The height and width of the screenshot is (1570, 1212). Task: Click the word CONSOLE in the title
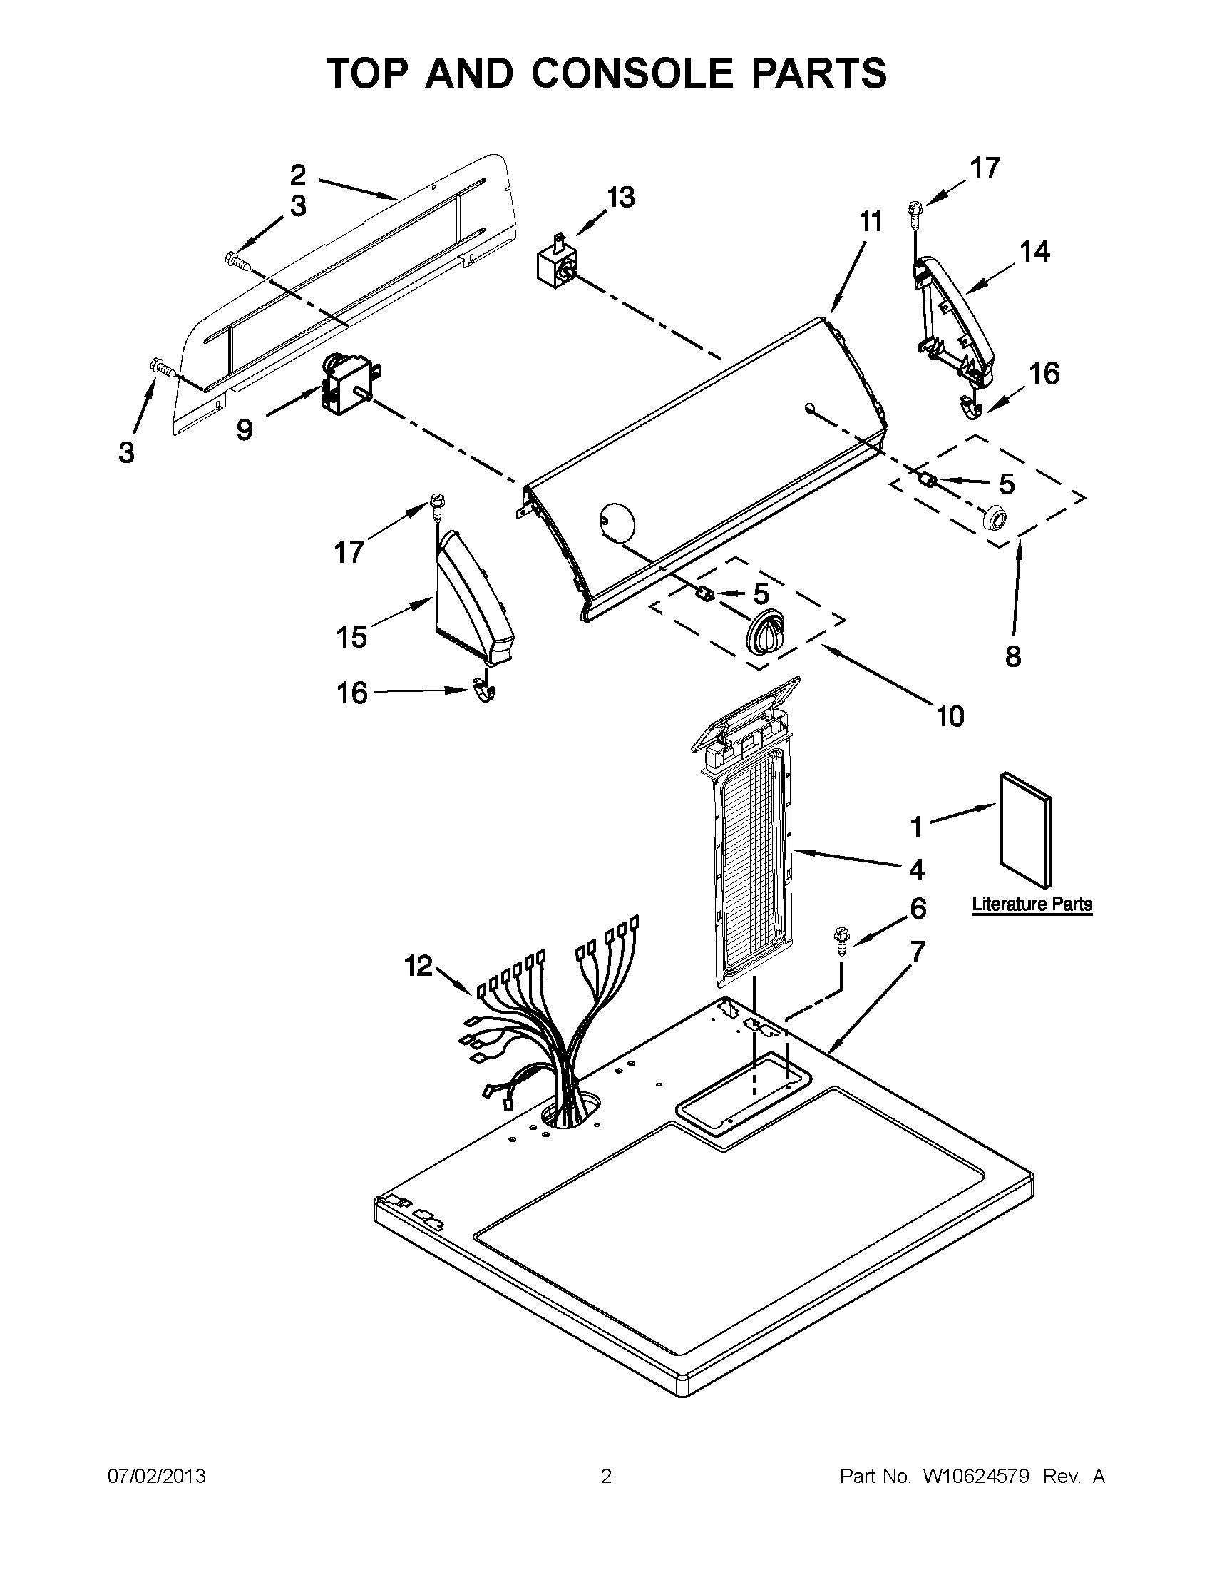633,73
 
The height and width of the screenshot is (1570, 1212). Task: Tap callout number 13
621,197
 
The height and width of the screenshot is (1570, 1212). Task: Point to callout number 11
871,222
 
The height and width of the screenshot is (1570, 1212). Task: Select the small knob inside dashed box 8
995,517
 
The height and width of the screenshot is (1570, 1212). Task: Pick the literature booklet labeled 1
1026,830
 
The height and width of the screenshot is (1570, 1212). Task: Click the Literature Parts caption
1032,904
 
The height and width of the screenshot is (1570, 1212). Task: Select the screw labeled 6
841,941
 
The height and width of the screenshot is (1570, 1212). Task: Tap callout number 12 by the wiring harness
418,965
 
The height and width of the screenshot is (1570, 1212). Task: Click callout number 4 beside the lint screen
916,869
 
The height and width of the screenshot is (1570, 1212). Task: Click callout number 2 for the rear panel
298,175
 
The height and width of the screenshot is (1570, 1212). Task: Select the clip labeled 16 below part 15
486,691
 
